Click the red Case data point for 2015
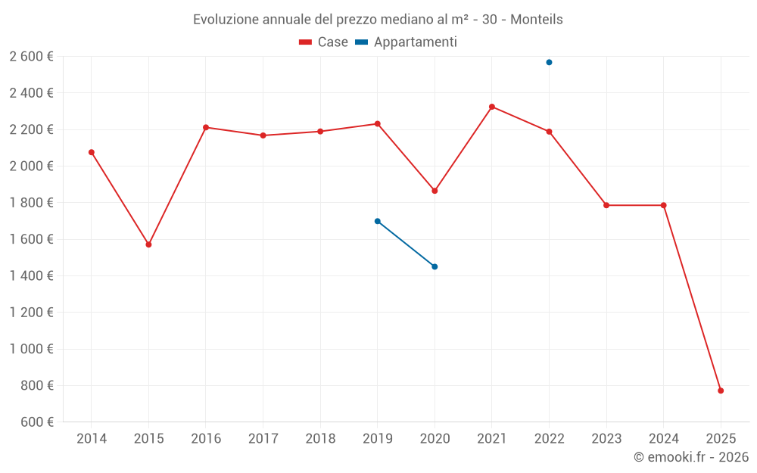(148, 244)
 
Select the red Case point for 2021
(492, 107)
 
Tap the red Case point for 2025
(721, 391)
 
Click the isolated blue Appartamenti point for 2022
(549, 62)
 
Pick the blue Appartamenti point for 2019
(377, 221)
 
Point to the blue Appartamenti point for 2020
(435, 266)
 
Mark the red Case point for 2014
(92, 152)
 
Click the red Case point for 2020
(435, 191)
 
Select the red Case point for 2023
(606, 205)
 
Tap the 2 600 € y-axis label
(31, 57)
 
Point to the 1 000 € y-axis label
(31, 349)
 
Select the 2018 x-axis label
(320, 439)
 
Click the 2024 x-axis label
(663, 439)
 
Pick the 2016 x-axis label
(206, 439)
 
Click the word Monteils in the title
(536, 20)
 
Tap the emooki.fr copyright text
(691, 457)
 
